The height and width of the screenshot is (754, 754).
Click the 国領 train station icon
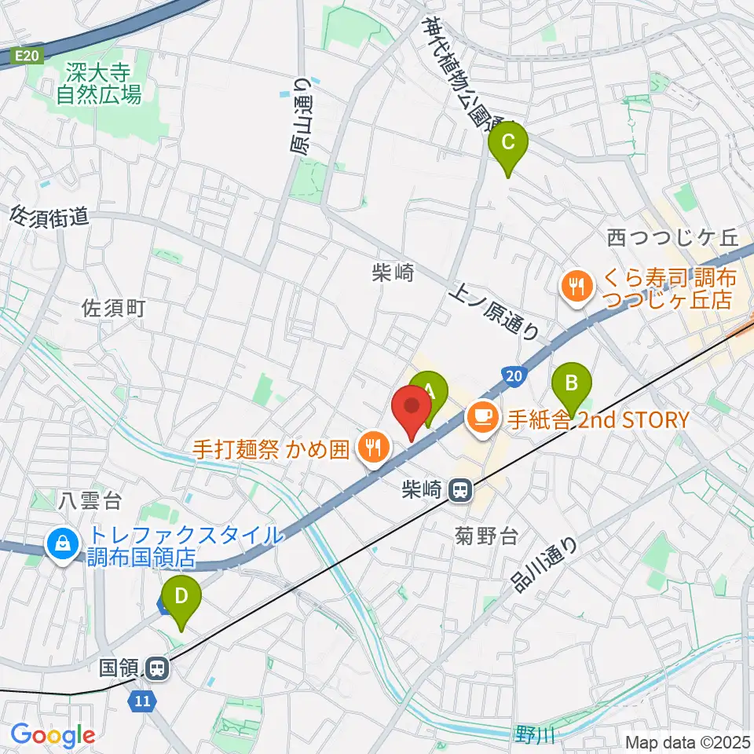tap(156, 669)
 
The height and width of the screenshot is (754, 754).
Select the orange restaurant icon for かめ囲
tap(371, 448)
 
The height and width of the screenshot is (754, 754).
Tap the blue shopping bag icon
tap(61, 543)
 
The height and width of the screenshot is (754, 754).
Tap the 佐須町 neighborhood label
tap(115, 308)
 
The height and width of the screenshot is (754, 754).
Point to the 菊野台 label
tap(487, 537)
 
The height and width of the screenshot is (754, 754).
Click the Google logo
tap(53, 735)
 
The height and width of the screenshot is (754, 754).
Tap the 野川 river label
tap(535, 735)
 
